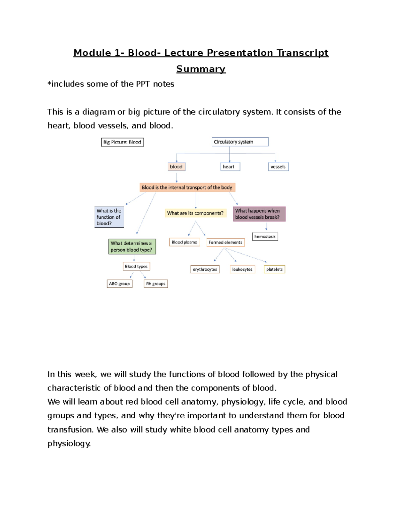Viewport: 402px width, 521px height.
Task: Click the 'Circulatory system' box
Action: coord(240,142)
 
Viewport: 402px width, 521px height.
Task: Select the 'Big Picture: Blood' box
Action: coord(122,142)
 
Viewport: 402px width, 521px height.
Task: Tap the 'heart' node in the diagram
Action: coord(230,167)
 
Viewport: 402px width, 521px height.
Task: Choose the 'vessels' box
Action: coord(278,167)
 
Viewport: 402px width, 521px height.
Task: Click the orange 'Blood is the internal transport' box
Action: coord(187,188)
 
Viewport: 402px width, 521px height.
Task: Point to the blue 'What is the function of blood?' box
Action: coord(109,217)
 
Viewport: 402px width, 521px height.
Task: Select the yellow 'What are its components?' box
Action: coord(195,213)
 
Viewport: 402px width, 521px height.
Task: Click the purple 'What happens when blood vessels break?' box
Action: coord(259,214)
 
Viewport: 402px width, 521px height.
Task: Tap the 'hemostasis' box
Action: coord(265,237)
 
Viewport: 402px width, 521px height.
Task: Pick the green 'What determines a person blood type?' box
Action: coord(132,247)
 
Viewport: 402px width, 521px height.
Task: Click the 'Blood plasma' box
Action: coord(185,242)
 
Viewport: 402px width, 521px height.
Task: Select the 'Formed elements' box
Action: coord(225,243)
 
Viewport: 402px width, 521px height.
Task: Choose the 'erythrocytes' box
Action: coord(205,269)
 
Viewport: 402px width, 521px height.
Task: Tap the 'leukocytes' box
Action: coord(243,269)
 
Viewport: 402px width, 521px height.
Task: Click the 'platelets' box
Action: coord(274,269)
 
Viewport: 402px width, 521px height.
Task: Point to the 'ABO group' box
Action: coord(120,284)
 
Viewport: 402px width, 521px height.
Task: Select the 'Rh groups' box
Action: coord(156,284)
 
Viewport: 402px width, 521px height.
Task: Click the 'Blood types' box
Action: coord(136,266)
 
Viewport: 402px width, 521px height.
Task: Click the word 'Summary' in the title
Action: coord(201,69)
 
